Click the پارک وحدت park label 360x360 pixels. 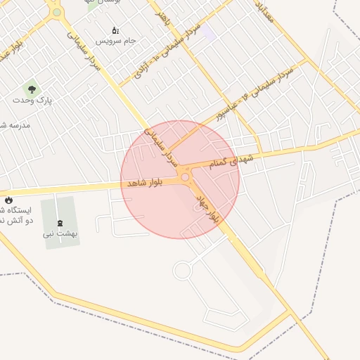[32, 101]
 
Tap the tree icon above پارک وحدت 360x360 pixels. [30, 89]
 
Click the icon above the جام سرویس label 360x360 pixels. [116, 30]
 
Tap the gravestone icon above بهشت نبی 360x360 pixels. [59, 223]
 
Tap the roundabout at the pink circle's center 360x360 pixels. [185, 177]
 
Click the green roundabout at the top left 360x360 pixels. [57, 12]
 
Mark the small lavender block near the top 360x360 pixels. [208, 32]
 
